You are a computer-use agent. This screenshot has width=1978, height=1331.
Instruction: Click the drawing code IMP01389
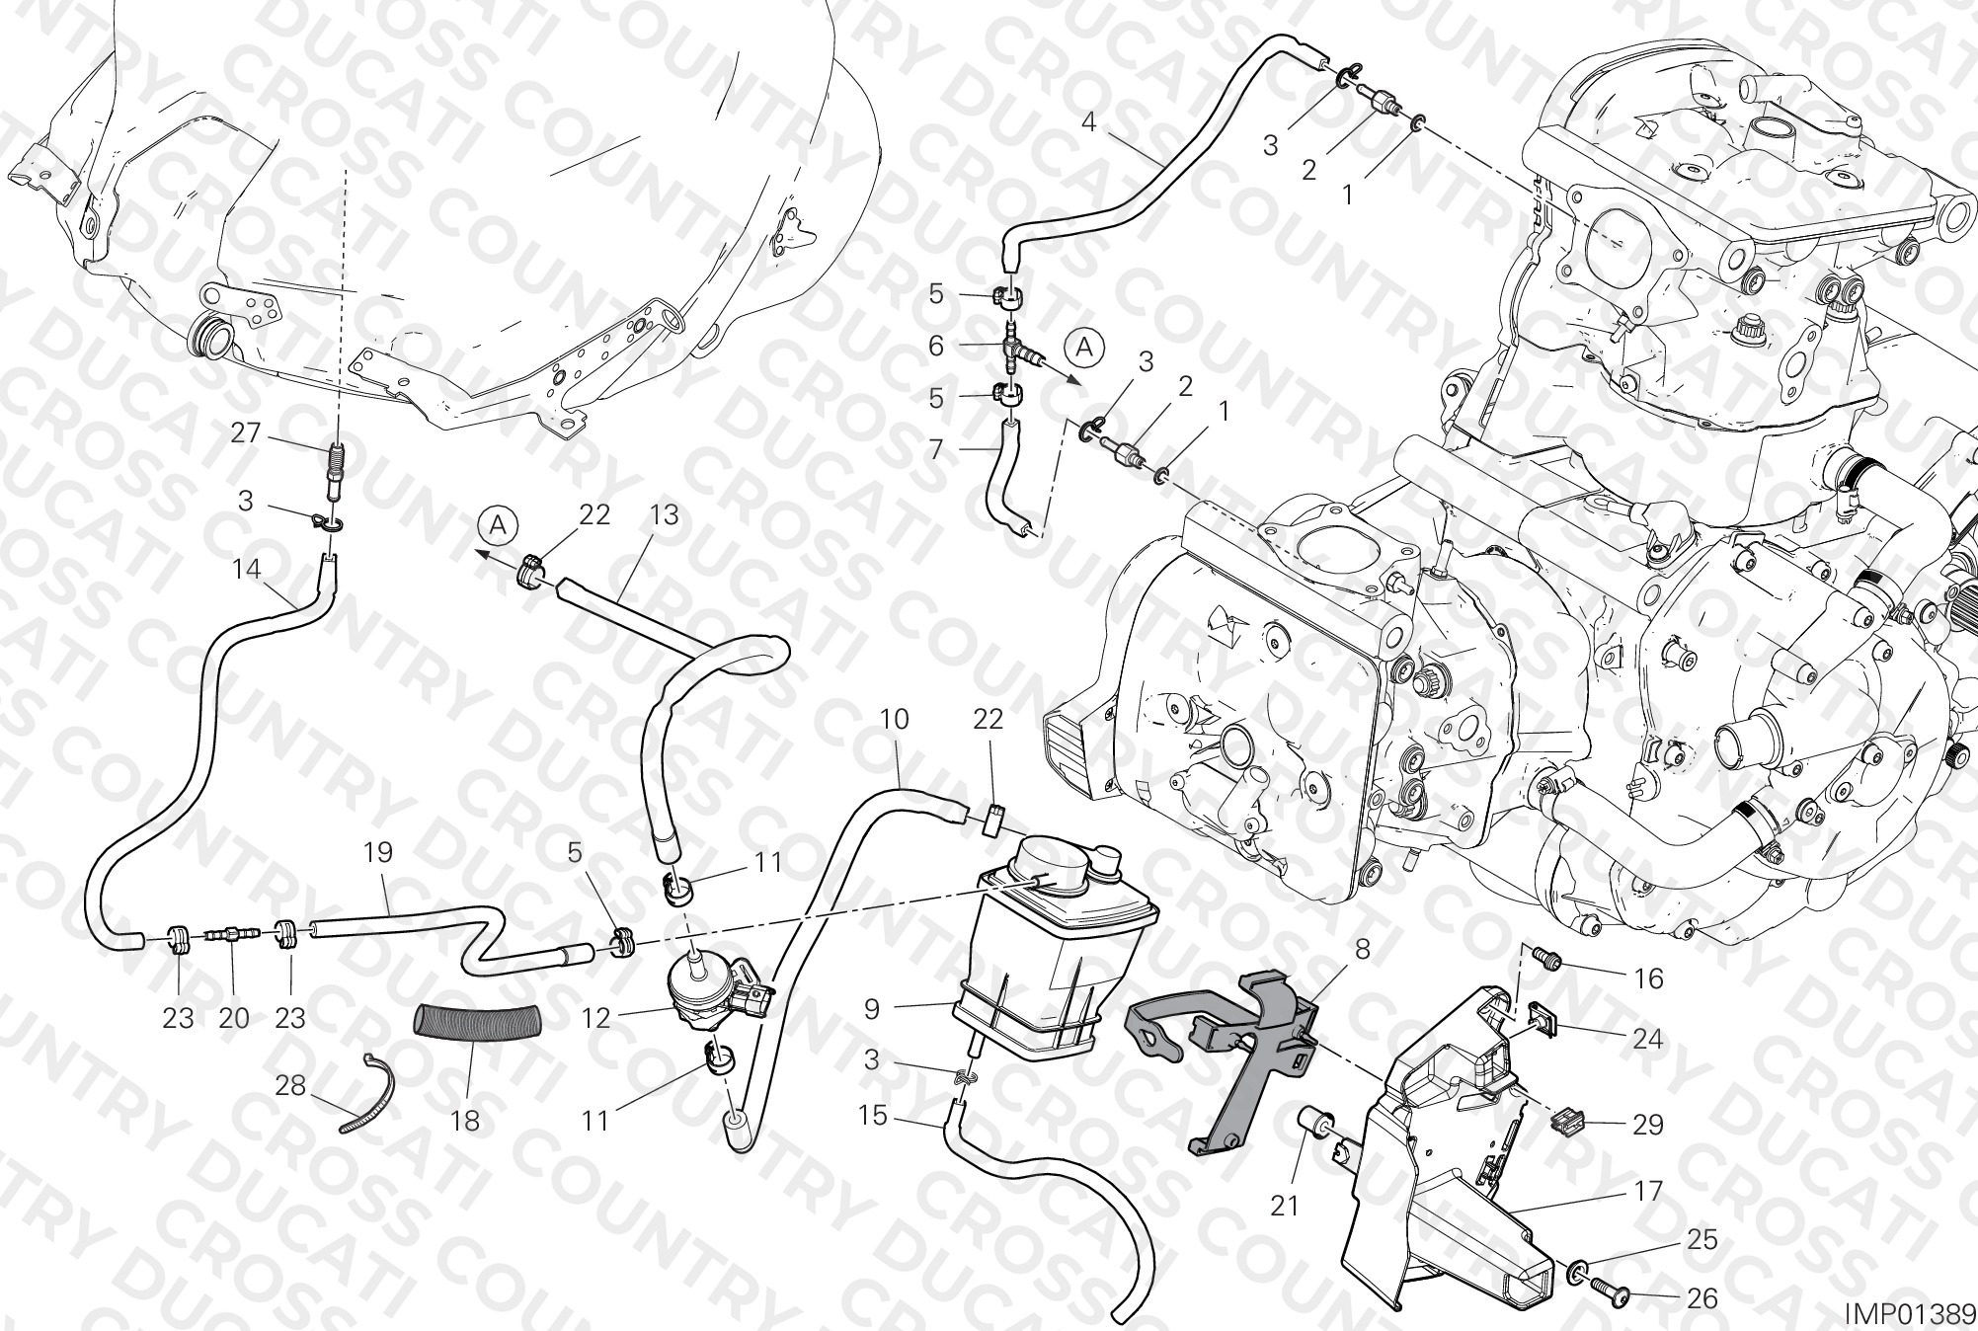1909,1312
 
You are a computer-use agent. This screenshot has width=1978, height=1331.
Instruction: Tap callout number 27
246,432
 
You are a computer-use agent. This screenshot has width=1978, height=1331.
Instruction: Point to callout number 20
234,1018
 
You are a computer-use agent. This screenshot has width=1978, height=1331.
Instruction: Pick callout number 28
290,1084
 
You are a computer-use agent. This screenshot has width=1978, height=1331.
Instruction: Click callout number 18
465,1121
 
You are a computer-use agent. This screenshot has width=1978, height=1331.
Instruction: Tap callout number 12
596,1018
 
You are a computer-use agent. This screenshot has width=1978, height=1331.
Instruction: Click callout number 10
894,719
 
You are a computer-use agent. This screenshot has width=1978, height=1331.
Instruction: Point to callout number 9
871,1008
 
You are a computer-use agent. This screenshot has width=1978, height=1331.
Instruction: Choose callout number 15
873,1116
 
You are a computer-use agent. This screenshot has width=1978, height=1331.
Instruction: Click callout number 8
1362,950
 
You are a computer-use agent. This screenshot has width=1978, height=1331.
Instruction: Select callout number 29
1647,1124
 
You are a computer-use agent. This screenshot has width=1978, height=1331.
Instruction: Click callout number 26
1703,1297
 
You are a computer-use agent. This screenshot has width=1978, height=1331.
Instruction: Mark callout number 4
1089,122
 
